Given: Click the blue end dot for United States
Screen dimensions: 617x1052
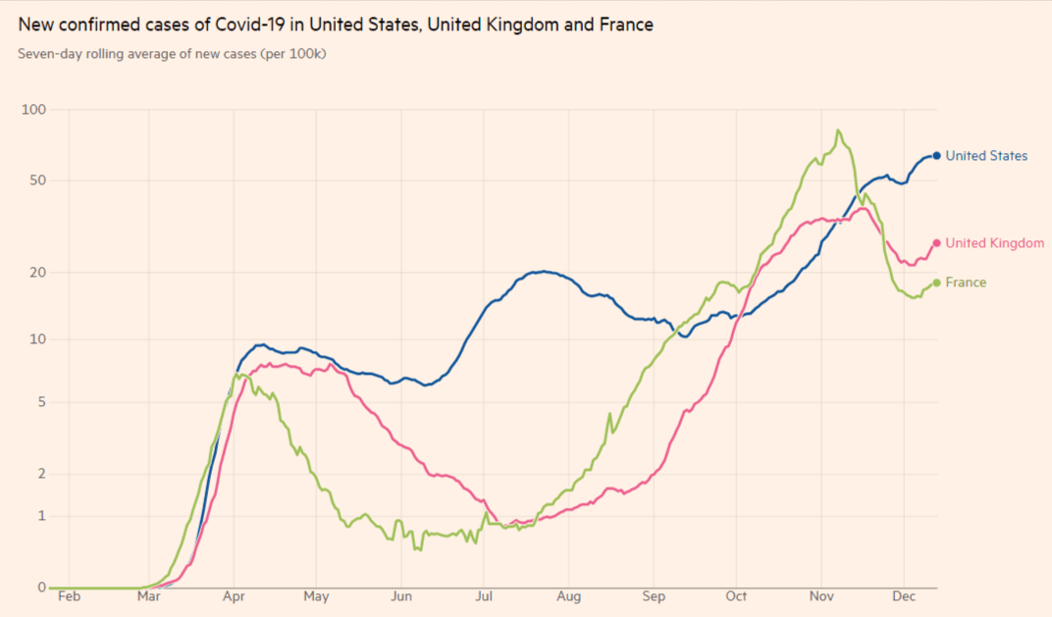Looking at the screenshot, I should coord(936,156).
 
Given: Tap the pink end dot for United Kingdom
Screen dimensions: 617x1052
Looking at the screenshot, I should coord(936,243).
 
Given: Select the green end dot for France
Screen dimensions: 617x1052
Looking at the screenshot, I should coord(936,283).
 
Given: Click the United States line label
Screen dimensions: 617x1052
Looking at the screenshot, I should coord(986,156).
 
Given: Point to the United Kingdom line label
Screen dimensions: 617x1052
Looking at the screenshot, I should coord(994,243).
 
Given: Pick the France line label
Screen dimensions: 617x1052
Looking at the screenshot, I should coord(966,283).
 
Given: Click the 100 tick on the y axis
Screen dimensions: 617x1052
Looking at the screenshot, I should coord(34,110).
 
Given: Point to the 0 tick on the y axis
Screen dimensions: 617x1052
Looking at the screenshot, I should coord(41,588).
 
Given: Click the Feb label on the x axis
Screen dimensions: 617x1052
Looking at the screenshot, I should coord(69,595).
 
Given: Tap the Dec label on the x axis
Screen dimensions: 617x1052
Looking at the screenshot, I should coord(905,595).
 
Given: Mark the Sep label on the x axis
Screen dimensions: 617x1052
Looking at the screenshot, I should coord(654,595).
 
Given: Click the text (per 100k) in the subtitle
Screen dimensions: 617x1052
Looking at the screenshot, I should coord(292,53).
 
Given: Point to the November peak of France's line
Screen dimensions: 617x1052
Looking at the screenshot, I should coord(837,130).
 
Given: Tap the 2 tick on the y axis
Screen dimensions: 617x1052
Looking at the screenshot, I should coord(41,474).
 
